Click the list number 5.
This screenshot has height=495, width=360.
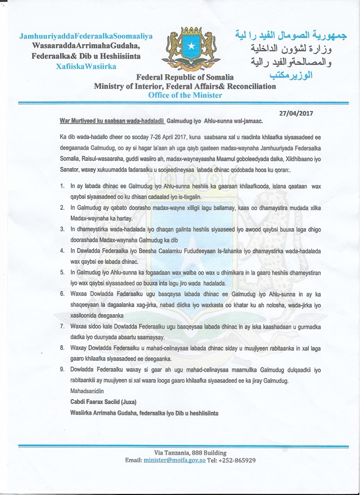(x=62, y=271)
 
